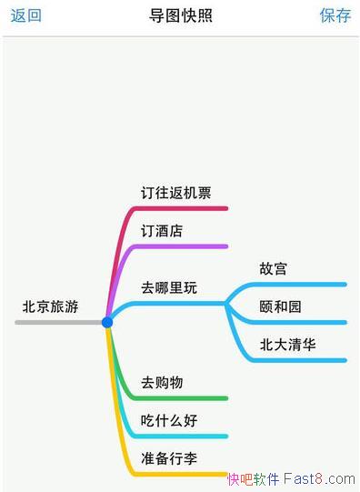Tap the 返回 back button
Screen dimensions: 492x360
point(25,15)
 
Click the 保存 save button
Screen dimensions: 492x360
point(335,15)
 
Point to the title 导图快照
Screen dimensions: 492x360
point(179,15)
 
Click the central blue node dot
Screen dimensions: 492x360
point(107,322)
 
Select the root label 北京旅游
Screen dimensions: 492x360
point(51,306)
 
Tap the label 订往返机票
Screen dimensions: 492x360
point(176,193)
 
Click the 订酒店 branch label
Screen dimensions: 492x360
point(162,231)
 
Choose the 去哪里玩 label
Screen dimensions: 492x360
point(169,287)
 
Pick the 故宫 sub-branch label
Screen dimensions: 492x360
point(274,269)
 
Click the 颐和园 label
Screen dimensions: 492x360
point(280,306)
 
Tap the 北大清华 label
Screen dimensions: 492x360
point(288,345)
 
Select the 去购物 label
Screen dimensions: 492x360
point(162,383)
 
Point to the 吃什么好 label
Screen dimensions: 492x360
point(169,420)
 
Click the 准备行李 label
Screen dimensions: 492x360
point(169,457)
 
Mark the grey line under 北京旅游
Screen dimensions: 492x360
point(55,322)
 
